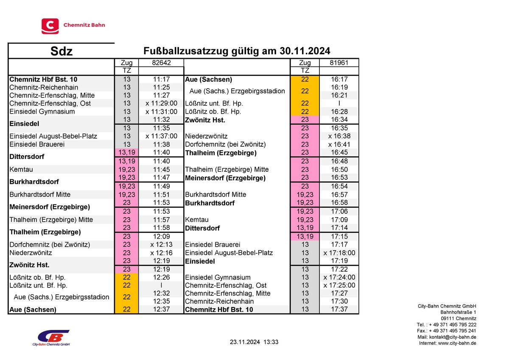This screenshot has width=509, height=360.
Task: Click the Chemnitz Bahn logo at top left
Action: point(73,25)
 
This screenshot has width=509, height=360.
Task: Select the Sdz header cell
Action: point(62,51)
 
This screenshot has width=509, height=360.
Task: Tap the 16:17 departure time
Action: point(338,79)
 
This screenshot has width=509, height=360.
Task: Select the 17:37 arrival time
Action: point(338,310)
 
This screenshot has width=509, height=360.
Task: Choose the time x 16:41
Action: point(338,144)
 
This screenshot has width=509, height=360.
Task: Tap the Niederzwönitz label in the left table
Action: point(31,253)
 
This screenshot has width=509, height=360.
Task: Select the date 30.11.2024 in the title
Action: point(305,51)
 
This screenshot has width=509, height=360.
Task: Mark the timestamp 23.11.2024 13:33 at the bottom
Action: point(254,342)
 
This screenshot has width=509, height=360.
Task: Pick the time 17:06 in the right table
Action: point(338,211)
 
